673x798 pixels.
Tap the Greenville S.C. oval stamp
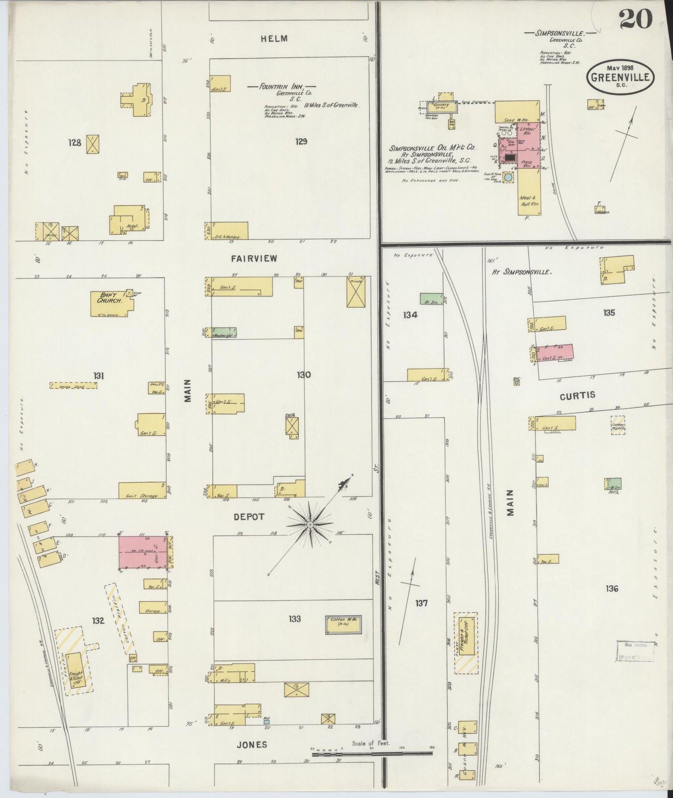click(620, 76)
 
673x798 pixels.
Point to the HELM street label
click(274, 39)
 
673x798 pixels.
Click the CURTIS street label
click(578, 395)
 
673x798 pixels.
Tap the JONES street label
click(252, 744)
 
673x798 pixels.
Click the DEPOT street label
click(249, 517)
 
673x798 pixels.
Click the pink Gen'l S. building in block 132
click(143, 552)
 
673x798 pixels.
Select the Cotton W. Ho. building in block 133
click(343, 624)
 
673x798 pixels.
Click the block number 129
click(301, 141)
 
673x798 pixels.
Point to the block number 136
click(612, 588)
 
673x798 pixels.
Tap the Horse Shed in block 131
click(73, 385)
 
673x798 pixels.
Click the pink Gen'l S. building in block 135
click(554, 352)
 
